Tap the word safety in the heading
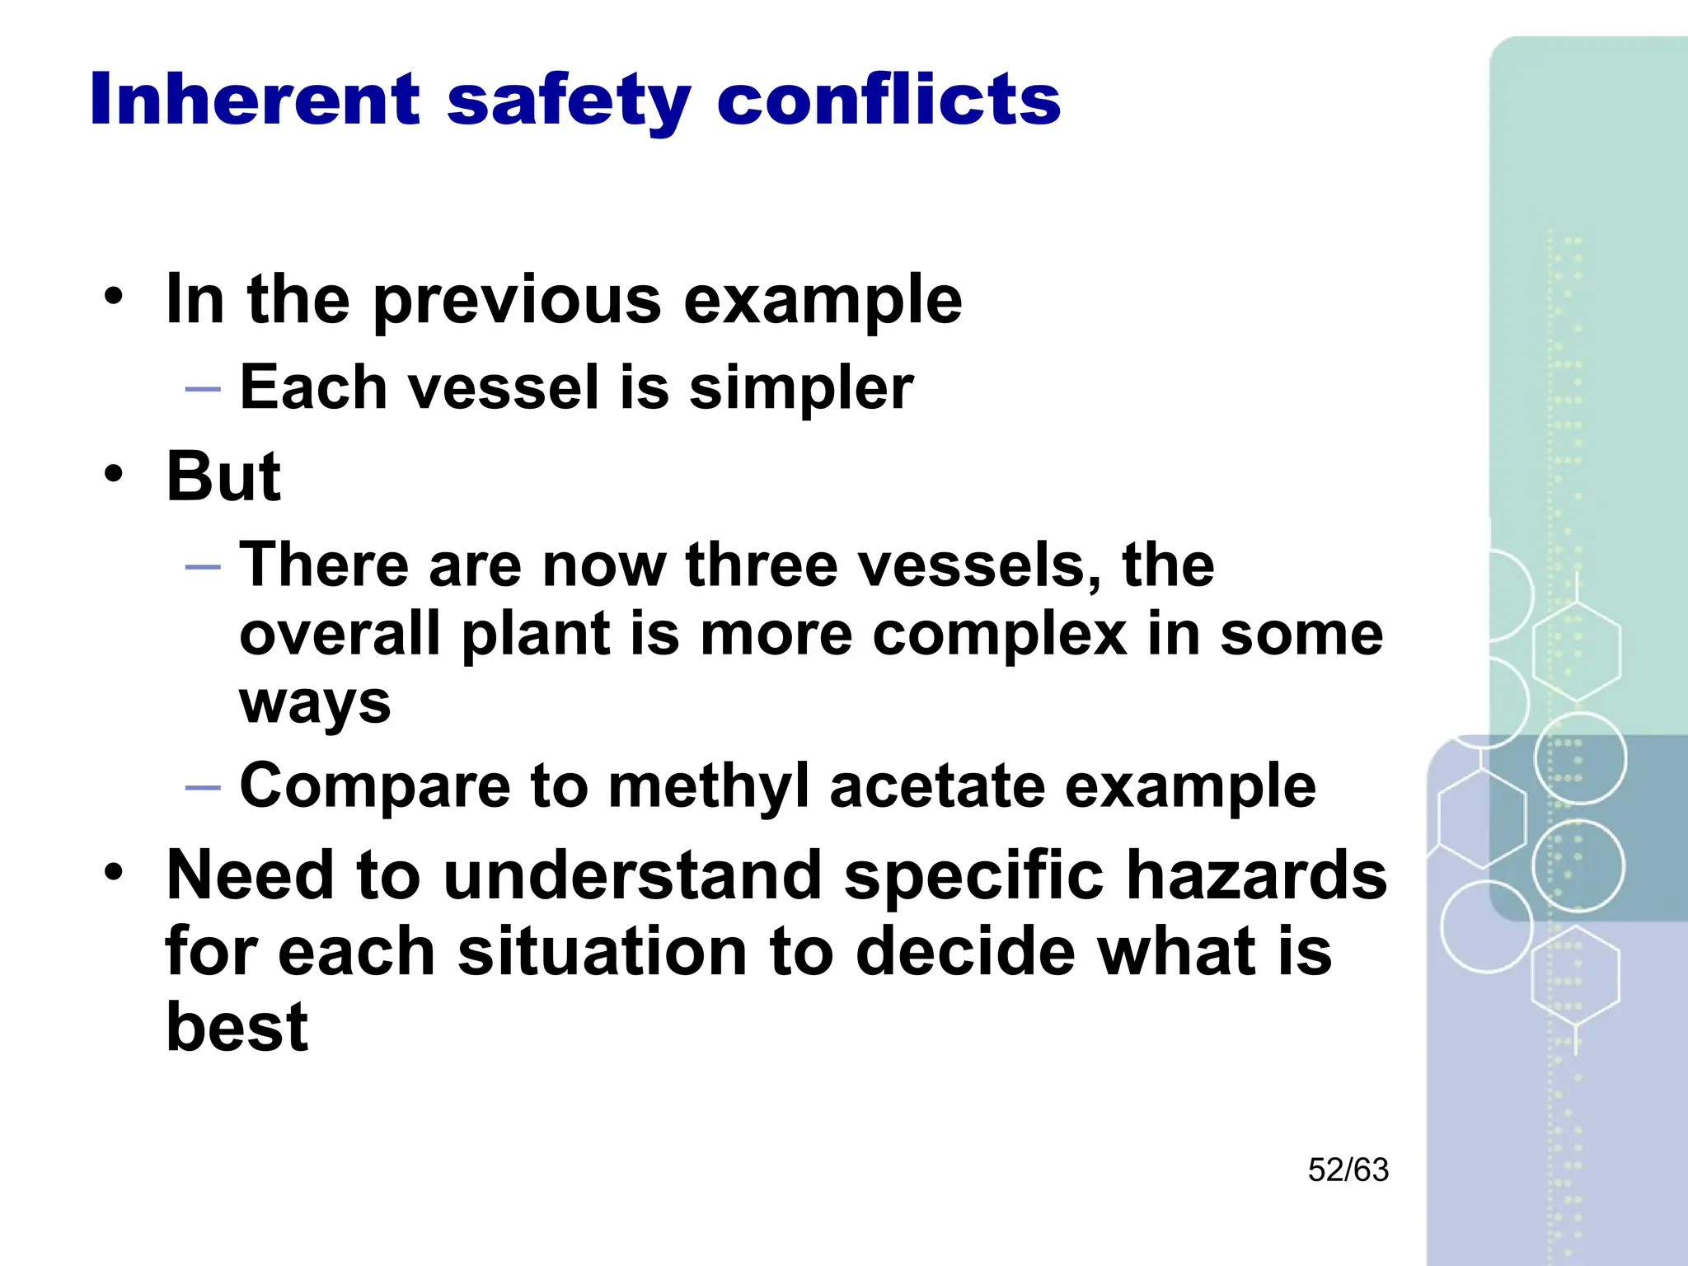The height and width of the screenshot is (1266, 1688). tap(569, 101)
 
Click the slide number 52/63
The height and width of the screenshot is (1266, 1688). tap(1348, 1170)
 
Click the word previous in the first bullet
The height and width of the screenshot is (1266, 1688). tap(517, 301)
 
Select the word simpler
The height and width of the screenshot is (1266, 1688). tap(801, 387)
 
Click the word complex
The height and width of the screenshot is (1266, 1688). tap(999, 635)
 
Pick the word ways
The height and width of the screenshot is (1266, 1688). tap(315, 706)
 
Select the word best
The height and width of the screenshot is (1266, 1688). tap(237, 1027)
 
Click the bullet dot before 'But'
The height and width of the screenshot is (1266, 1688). tap(114, 474)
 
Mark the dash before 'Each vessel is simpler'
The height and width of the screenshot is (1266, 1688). tap(203, 388)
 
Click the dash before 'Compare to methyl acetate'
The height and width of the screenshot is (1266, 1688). tap(203, 787)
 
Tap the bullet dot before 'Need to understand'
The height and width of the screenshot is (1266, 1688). tap(114, 871)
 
